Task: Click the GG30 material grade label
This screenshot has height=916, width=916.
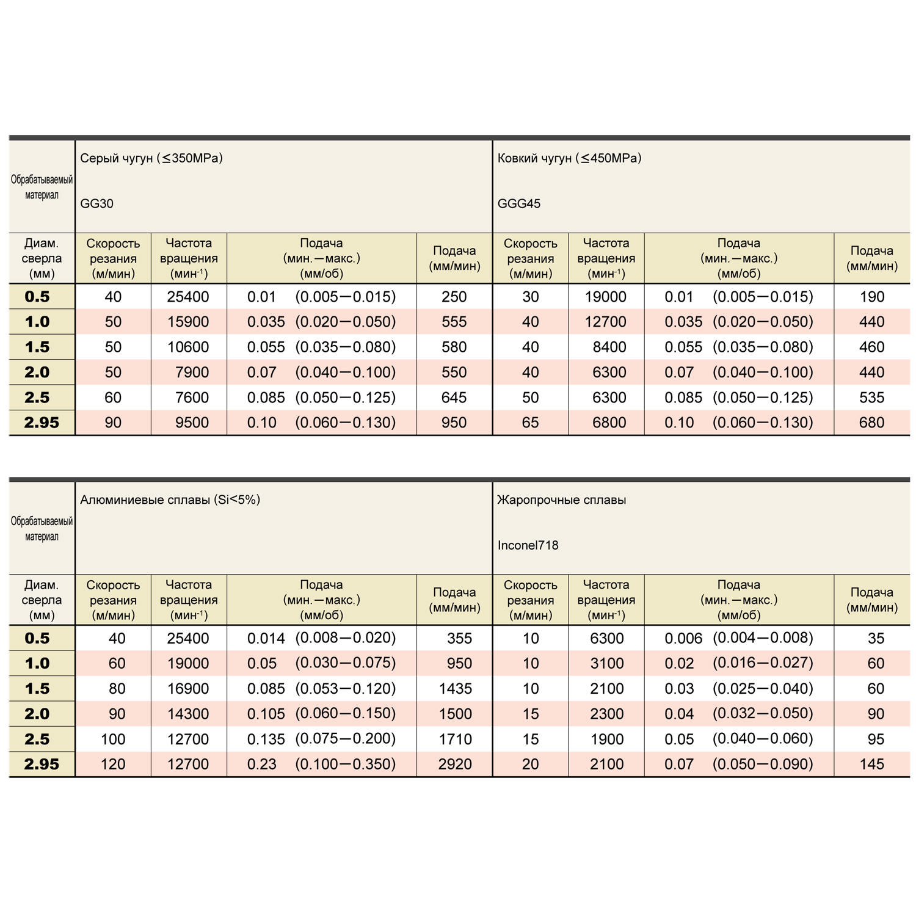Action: (x=96, y=203)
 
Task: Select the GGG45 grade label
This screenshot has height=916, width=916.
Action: (x=518, y=203)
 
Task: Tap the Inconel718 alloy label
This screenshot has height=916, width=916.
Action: (x=528, y=545)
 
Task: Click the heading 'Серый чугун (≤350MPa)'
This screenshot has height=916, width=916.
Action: (x=151, y=158)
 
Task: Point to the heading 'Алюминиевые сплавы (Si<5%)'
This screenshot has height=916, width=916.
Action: (x=170, y=500)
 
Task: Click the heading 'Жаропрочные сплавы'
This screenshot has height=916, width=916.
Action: (x=561, y=500)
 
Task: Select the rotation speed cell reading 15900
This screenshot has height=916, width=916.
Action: (x=188, y=322)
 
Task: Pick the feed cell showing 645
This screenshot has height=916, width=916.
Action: (x=454, y=398)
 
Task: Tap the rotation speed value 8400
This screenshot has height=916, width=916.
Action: (x=609, y=347)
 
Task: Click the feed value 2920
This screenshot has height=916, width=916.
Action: (x=455, y=764)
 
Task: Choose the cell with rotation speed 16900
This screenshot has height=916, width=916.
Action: (x=188, y=689)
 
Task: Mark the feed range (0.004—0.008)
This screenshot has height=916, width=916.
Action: (x=763, y=638)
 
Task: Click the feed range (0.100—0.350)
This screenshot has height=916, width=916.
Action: (x=346, y=764)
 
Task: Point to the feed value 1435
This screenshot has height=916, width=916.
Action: (x=455, y=689)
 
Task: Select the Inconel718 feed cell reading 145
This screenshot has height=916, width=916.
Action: (x=871, y=764)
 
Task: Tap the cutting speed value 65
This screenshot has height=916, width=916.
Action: (x=530, y=423)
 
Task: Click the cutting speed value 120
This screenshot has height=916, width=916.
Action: (x=113, y=764)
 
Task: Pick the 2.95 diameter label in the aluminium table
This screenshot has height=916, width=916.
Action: (x=42, y=764)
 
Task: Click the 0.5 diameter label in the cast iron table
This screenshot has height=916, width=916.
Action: (x=37, y=297)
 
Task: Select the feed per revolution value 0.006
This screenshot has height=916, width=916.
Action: (x=683, y=638)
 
